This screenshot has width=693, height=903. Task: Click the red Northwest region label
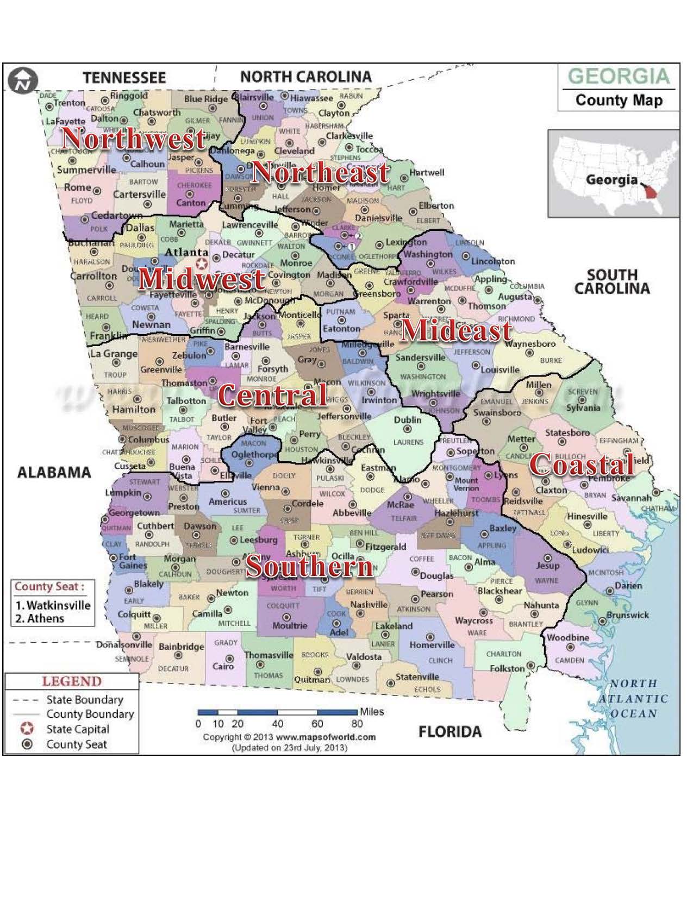(x=134, y=138)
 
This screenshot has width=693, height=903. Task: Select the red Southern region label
(x=310, y=566)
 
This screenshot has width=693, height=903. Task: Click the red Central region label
(x=273, y=395)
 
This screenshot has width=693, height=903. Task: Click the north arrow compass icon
(x=23, y=81)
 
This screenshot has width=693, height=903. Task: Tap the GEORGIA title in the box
(x=619, y=76)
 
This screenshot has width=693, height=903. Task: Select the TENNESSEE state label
(x=124, y=78)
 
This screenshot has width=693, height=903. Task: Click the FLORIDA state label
(x=449, y=732)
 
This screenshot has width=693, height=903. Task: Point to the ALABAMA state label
(x=54, y=472)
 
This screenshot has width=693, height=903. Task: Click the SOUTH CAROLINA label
(x=612, y=281)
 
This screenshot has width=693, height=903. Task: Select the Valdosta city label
(x=364, y=656)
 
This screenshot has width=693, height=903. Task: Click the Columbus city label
(x=148, y=439)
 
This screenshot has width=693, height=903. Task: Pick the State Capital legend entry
(x=77, y=729)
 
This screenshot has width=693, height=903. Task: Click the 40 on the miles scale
(x=277, y=724)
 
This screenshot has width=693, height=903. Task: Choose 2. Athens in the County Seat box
(x=40, y=618)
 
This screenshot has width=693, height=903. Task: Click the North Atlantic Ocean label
(x=633, y=699)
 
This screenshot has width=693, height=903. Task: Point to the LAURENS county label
(x=408, y=442)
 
